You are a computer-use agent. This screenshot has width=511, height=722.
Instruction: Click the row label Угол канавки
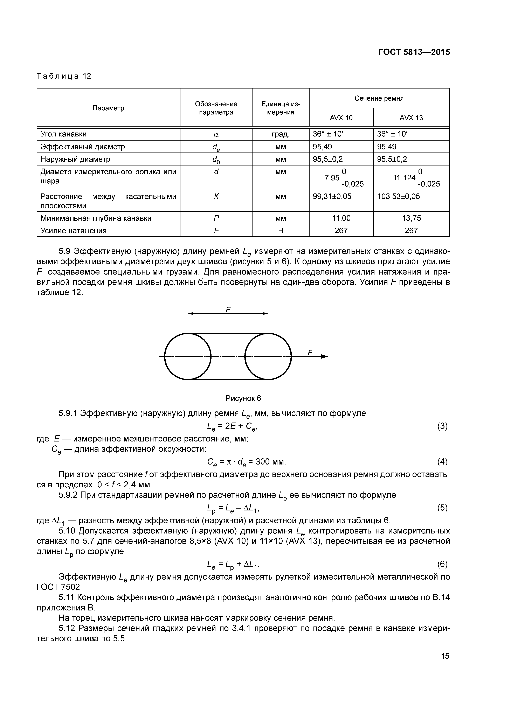pos(64,134)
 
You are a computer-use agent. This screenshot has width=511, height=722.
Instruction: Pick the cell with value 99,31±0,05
pos(332,197)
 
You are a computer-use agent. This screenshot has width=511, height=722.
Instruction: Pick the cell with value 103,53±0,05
pos(398,197)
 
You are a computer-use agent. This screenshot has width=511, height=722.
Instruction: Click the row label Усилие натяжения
pos(74,231)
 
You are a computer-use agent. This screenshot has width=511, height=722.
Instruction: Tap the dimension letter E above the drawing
pos(228,310)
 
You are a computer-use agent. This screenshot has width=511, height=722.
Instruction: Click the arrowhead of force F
pos(324,356)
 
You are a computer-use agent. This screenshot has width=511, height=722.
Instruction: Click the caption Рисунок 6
pos(243,398)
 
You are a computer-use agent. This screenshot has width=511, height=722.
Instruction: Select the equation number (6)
pos(442,564)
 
